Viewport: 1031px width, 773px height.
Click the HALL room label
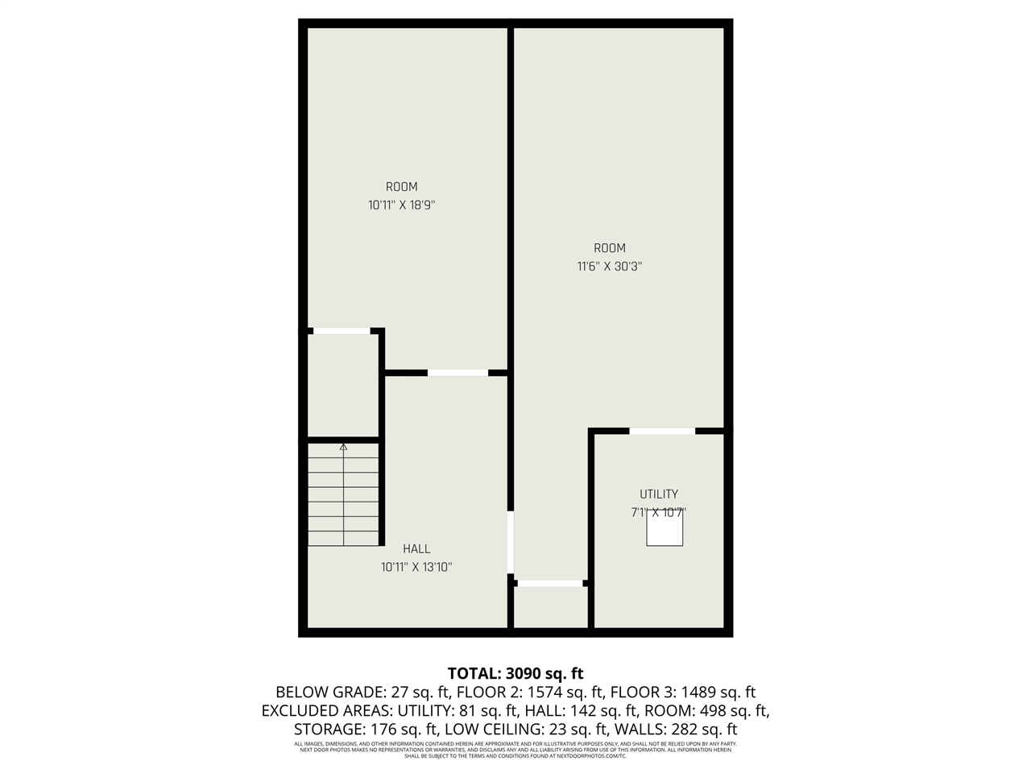[x=416, y=549]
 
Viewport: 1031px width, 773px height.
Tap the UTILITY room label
[x=659, y=494]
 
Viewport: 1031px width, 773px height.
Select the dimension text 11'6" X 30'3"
[x=609, y=267]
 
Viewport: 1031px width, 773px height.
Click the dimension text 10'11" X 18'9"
[x=401, y=205]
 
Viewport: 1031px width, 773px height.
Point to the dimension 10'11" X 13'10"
[x=416, y=567]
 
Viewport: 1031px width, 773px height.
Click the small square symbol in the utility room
[x=665, y=529]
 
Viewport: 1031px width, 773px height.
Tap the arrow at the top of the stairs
[x=343, y=446]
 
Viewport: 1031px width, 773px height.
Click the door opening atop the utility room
[x=662, y=432]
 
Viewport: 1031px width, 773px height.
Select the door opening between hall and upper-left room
[x=458, y=373]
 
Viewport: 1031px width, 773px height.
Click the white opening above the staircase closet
[x=342, y=331]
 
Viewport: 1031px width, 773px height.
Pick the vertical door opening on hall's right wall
[x=511, y=541]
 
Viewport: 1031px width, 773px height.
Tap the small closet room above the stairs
[x=343, y=385]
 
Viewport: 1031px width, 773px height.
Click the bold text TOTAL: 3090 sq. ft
[x=515, y=673]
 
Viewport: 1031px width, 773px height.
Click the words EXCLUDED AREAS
[x=325, y=711]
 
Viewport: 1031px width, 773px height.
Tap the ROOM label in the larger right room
[x=609, y=248]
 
